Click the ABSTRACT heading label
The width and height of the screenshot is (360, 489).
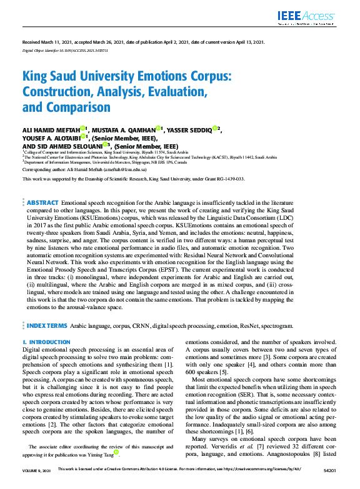click(x=42, y=203)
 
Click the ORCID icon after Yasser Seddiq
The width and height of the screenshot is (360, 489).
click(x=214, y=129)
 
